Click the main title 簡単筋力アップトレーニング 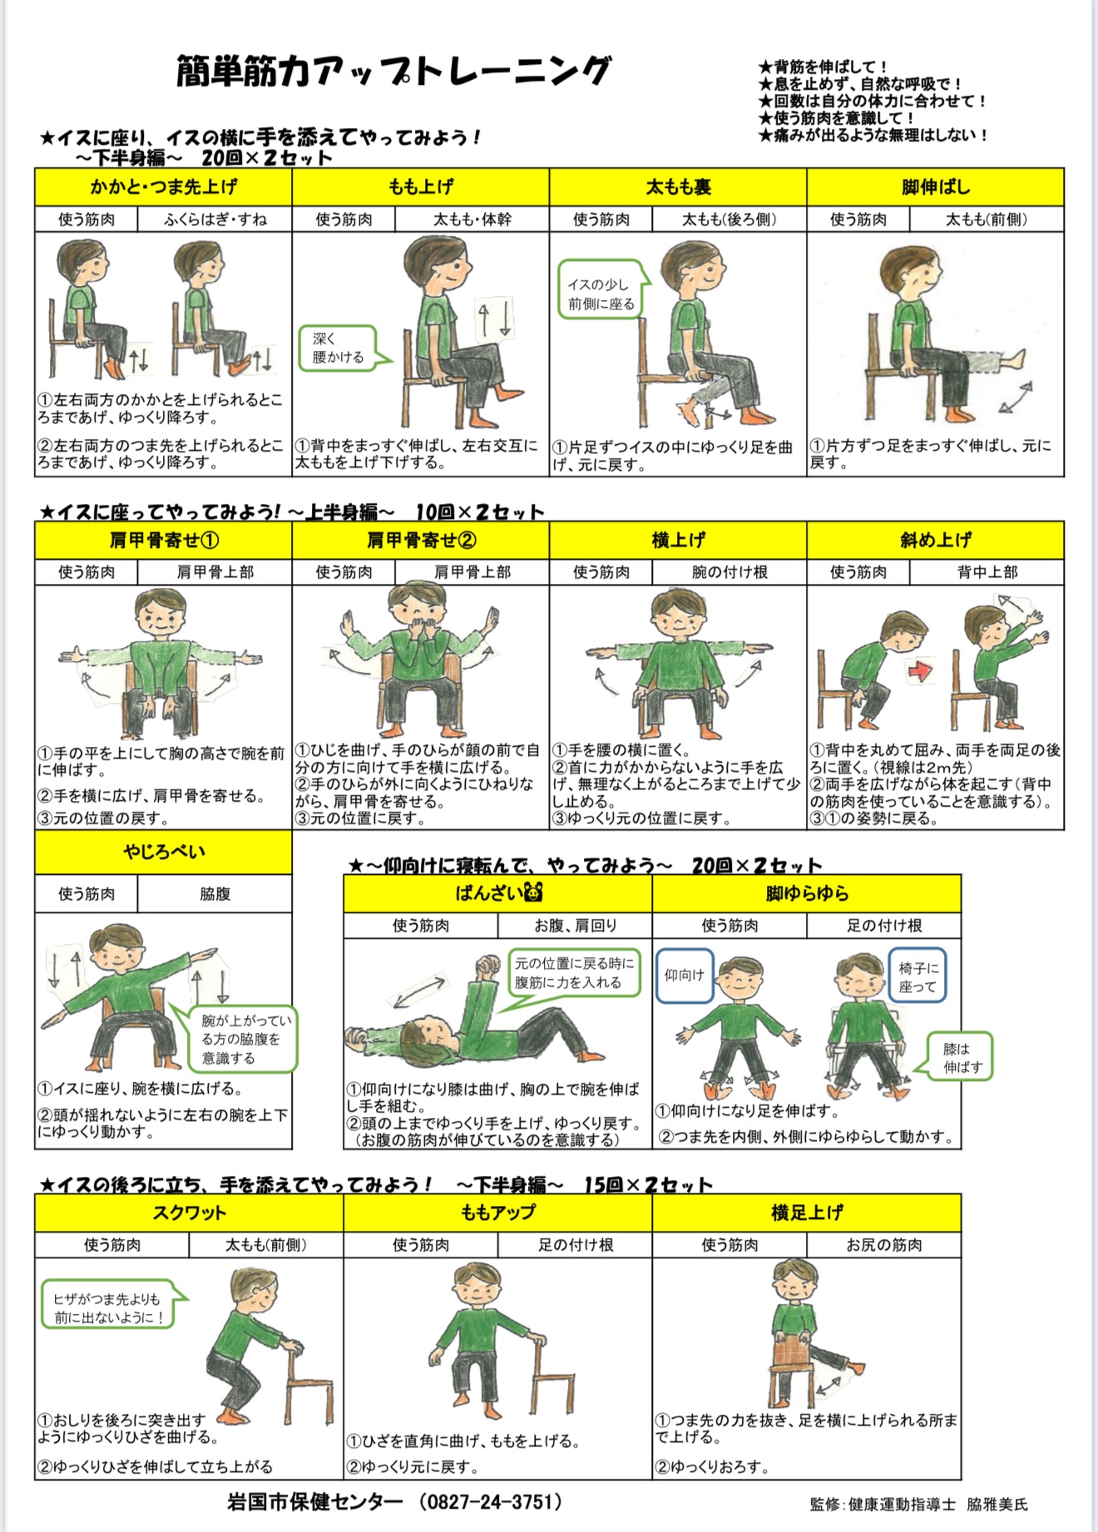tap(394, 72)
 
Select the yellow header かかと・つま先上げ tap(163, 187)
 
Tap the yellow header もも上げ tap(420, 187)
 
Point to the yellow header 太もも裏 tap(678, 187)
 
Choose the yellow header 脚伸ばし tap(936, 187)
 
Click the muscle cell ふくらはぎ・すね tap(215, 220)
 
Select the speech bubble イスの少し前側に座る tap(603, 289)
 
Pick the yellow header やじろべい tap(163, 852)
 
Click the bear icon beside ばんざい tap(532, 893)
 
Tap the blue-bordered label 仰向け tap(685, 976)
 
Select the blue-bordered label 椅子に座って tap(917, 976)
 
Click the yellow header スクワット tap(189, 1213)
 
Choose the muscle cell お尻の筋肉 tap(883, 1244)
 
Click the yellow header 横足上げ tap(807, 1213)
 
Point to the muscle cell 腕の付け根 tap(730, 572)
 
